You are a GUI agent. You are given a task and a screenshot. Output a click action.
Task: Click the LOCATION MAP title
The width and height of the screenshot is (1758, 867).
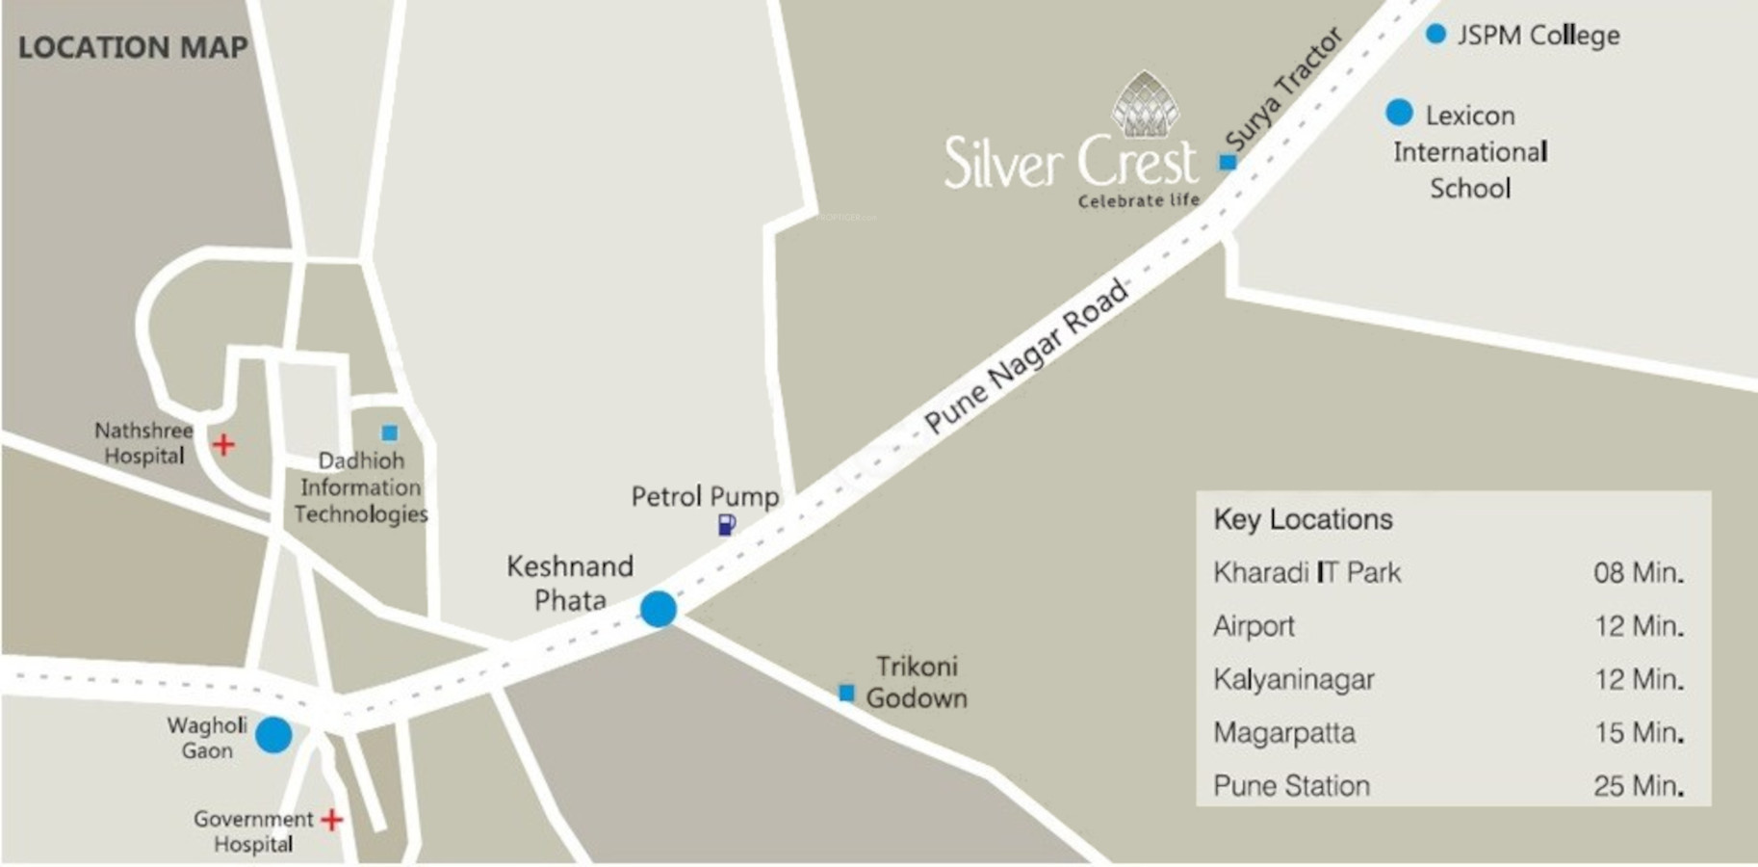click(x=133, y=46)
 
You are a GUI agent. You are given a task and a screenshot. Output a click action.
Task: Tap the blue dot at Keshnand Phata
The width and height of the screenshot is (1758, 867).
click(x=659, y=609)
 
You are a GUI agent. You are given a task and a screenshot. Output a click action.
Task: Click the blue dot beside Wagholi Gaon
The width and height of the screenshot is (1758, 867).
click(x=273, y=735)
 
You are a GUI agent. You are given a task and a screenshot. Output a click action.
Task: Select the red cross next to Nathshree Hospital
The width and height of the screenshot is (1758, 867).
click(x=223, y=444)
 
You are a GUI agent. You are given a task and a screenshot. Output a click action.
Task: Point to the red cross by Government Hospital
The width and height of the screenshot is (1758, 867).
click(x=332, y=819)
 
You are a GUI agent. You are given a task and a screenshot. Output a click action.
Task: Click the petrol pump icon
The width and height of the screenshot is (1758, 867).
click(x=726, y=525)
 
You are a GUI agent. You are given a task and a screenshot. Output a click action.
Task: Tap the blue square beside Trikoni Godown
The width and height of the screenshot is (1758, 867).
click(x=846, y=693)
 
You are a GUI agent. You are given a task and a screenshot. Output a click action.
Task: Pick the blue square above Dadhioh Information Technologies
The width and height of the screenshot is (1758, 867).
click(x=389, y=433)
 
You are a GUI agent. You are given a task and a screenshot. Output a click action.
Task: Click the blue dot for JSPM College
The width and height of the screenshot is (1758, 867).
click(x=1435, y=34)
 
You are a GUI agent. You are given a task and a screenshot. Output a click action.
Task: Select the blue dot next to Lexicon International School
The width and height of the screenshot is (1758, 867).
click(x=1399, y=113)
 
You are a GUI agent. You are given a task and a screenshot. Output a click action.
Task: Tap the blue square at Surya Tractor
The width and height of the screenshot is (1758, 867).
click(x=1228, y=162)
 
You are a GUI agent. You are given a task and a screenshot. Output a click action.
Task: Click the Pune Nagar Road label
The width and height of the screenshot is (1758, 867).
click(x=1025, y=355)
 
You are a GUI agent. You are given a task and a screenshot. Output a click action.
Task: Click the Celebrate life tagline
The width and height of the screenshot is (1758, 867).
click(x=1139, y=200)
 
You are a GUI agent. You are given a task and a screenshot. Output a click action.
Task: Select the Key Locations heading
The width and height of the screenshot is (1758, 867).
click(x=1303, y=519)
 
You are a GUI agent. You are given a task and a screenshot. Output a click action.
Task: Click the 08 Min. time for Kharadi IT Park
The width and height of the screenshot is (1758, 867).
click(x=1638, y=572)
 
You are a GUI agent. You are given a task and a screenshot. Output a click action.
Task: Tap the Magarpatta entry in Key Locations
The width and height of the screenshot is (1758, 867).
click(x=1284, y=732)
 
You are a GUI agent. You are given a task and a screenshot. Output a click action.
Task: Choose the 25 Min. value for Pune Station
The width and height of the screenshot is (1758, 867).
click(x=1638, y=785)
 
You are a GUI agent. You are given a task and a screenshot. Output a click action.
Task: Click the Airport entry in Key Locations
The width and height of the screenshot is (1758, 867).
click(x=1254, y=626)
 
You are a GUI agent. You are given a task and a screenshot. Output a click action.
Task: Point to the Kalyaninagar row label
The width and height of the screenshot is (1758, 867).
click(x=1294, y=679)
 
